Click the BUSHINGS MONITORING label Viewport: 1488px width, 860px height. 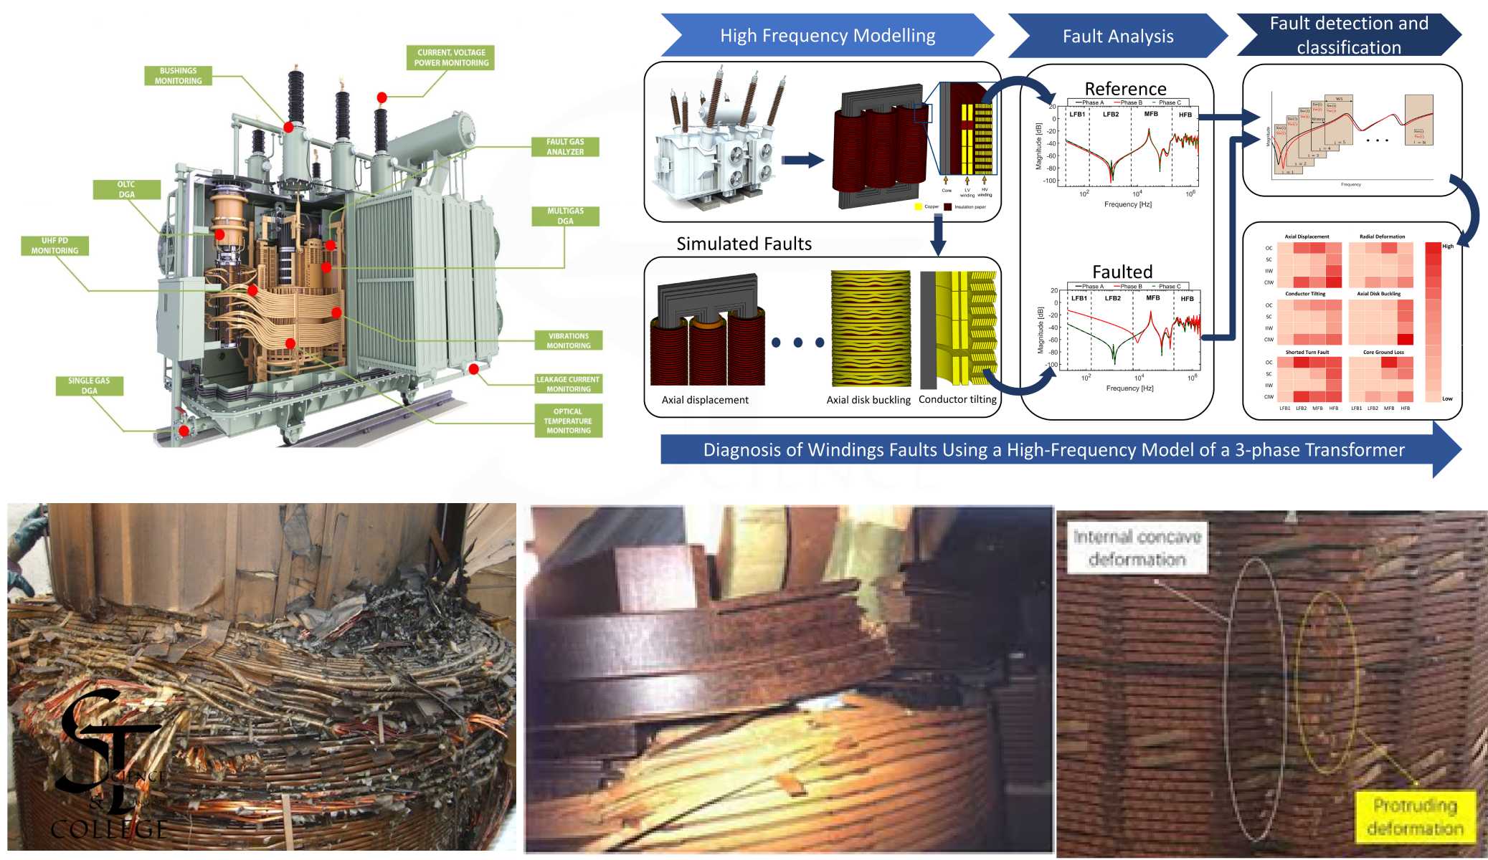click(178, 76)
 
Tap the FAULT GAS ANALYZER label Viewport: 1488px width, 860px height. click(565, 147)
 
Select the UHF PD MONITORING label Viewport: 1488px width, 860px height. click(55, 246)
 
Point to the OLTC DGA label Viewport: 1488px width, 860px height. click(126, 189)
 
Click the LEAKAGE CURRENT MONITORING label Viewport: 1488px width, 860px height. click(568, 384)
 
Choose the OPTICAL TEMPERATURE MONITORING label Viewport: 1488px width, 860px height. click(568, 421)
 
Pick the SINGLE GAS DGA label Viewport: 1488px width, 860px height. click(89, 386)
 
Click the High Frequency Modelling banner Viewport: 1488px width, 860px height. click(828, 36)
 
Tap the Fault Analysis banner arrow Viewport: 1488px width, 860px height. click(1117, 37)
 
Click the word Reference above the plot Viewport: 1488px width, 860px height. click(1125, 89)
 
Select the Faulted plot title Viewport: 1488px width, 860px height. click(1122, 272)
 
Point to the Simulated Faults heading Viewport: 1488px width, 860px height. click(744, 244)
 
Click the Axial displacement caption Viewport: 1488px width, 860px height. click(705, 400)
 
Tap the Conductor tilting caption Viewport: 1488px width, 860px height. click(957, 399)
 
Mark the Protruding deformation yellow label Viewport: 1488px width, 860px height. click(1415, 816)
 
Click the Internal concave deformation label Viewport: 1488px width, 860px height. click(1137, 548)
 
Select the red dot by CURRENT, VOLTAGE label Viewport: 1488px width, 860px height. click(382, 97)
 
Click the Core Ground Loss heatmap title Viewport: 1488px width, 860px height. click(1383, 352)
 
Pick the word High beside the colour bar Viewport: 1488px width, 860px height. click(1448, 246)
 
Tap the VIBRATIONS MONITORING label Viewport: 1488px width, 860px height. click(568, 340)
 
